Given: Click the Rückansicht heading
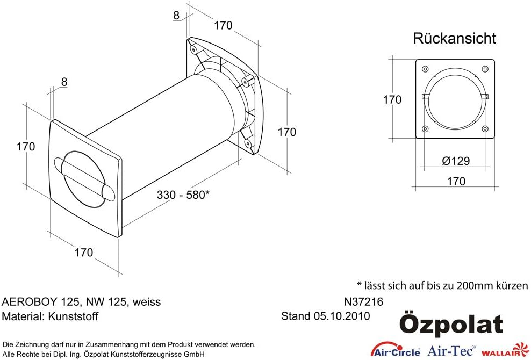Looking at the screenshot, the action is pyautogui.click(x=454, y=38).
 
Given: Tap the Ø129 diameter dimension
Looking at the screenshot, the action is pyautogui.click(x=456, y=161).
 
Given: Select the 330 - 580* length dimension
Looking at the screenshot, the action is pyautogui.click(x=183, y=195).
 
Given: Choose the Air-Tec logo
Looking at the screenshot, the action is pyautogui.click(x=451, y=350).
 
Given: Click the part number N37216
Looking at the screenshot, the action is pyautogui.click(x=363, y=301).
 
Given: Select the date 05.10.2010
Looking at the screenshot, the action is pyautogui.click(x=342, y=316).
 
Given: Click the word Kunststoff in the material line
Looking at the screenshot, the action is pyautogui.click(x=73, y=316).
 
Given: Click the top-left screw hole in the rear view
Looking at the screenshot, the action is pyautogui.click(x=425, y=69).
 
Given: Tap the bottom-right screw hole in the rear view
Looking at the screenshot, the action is pyautogui.click(x=485, y=129).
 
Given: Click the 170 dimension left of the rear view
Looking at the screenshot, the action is pyautogui.click(x=392, y=99).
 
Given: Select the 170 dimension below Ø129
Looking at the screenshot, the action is pyautogui.click(x=456, y=181).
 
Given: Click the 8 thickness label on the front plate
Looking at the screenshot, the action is pyautogui.click(x=64, y=82).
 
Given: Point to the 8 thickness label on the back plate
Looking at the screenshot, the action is pyautogui.click(x=176, y=15).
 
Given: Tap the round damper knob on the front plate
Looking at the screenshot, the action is pyautogui.click(x=84, y=178).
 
